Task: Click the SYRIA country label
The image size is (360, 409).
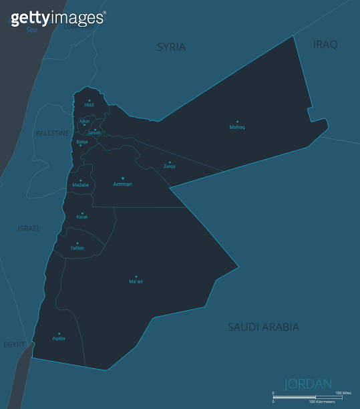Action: click(171, 47)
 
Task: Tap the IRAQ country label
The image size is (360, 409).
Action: click(325, 44)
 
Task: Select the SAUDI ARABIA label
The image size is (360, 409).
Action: click(263, 327)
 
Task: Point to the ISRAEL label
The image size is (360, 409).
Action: click(29, 229)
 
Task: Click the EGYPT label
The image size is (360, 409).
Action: click(13, 344)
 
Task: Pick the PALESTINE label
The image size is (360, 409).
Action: click(52, 134)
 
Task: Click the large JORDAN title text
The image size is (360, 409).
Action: click(308, 384)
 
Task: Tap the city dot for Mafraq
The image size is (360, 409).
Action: click(237, 122)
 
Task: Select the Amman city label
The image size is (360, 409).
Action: click(122, 184)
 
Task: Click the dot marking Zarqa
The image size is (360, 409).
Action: click(170, 162)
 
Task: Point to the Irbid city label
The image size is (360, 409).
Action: click(89, 105)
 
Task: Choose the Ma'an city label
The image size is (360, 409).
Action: click(136, 281)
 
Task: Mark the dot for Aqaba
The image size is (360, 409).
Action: click(59, 333)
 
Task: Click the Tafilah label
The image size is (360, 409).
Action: click(77, 248)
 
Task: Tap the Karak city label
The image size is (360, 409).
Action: click(82, 217)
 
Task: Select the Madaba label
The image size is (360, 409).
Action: click(80, 185)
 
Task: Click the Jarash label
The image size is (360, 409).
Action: click(94, 132)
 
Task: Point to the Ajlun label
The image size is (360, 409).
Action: click(84, 121)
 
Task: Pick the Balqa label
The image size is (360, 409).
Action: click(81, 142)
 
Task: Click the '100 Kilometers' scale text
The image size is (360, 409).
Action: click(321, 402)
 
